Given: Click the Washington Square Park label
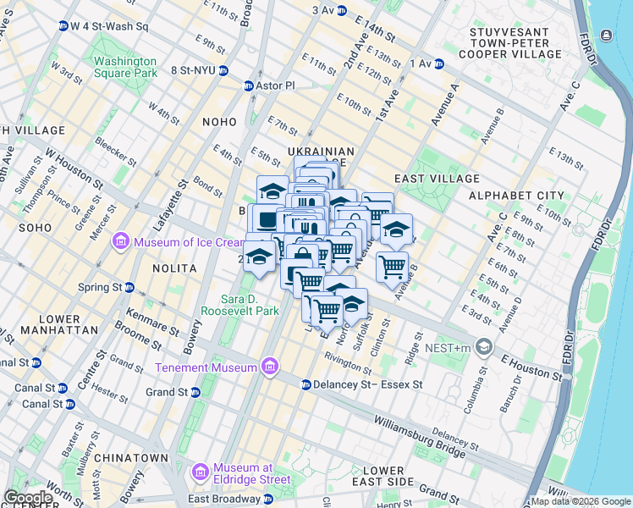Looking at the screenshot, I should pos(125,67).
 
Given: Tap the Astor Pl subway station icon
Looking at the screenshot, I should pos(248,86).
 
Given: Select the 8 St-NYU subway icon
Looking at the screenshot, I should pos(223,71).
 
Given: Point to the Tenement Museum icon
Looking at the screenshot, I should pos(270,367).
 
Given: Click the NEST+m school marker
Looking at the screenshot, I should pos(483,347).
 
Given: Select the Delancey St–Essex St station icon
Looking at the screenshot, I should pos(306,384).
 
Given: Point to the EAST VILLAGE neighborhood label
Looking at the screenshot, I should pos(437,179).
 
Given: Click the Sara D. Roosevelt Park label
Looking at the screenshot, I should pos(250,305).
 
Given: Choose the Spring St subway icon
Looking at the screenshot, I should pos(129,288).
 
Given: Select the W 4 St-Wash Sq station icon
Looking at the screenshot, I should pos(63,26).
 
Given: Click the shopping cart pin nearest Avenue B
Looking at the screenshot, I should pos(392,267).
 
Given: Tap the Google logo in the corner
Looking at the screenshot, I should pos(28,498).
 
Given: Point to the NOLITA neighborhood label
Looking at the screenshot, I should pos(173,268).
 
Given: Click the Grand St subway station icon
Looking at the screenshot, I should pos(195,392).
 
